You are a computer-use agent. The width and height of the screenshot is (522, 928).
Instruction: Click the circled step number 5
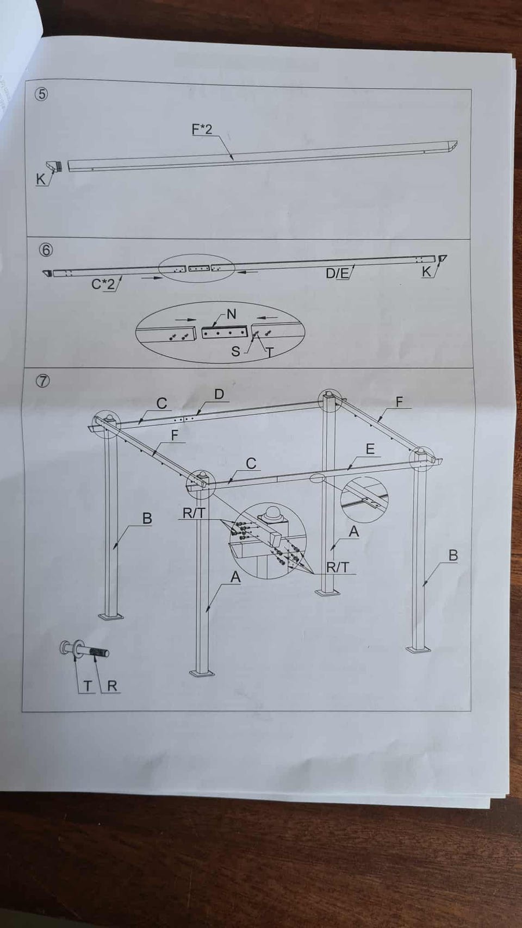coord(42,95)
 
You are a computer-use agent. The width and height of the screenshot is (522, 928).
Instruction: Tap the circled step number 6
coord(46,250)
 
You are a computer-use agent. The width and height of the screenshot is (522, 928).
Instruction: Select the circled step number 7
coord(43,381)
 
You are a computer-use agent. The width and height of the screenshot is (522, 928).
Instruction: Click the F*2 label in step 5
coord(202,129)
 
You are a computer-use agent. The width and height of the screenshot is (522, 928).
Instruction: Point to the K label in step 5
coord(41,179)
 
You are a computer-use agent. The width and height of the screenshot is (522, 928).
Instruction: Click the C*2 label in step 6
coord(103,284)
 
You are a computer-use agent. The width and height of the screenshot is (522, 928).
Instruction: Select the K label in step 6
coord(426,272)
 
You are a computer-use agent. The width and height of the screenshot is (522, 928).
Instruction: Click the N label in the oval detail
coord(232,314)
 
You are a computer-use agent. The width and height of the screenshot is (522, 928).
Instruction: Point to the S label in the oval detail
coord(235,351)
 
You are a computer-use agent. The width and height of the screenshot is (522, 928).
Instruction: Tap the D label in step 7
coord(219,394)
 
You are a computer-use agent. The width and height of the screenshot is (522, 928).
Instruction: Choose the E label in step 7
coord(370,449)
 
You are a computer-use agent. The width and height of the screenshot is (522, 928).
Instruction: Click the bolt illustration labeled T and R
coord(85,652)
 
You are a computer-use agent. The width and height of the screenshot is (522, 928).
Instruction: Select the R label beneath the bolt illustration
coord(112,686)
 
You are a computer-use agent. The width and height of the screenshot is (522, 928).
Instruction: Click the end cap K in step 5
coord(55,166)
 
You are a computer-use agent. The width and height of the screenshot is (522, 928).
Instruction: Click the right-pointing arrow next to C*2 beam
coord(152,278)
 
